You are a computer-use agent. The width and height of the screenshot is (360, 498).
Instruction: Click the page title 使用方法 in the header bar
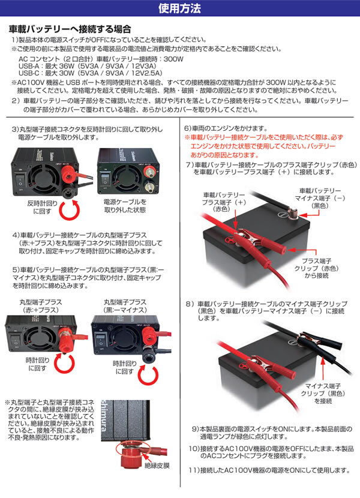click(180, 9)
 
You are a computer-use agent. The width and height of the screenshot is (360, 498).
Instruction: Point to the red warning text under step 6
click(266, 146)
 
